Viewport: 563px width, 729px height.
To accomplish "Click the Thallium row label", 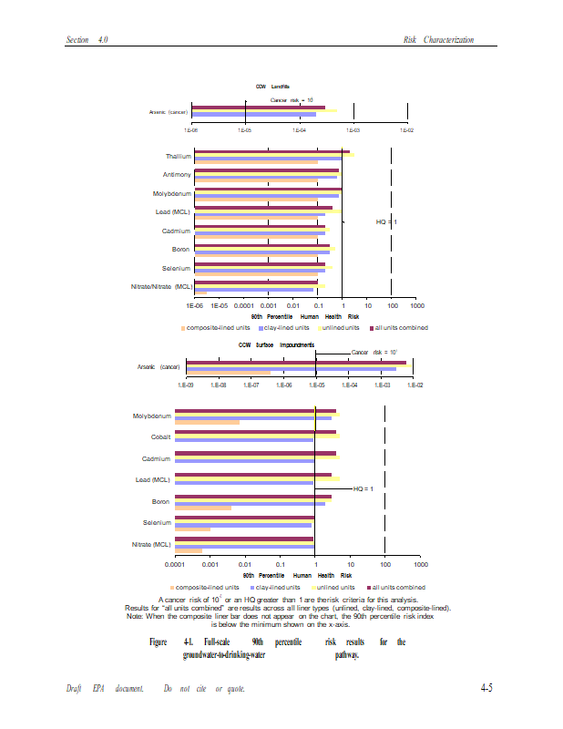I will coord(178,157).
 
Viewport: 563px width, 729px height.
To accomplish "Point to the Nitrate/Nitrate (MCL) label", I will coord(157,287).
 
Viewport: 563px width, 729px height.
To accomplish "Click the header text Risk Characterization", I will coord(450,40).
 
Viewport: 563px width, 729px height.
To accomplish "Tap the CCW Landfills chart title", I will coord(272,87).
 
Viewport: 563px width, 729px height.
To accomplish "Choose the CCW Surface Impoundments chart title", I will coord(277,345).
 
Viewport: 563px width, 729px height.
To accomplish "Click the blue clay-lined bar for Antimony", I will coord(266,176).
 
